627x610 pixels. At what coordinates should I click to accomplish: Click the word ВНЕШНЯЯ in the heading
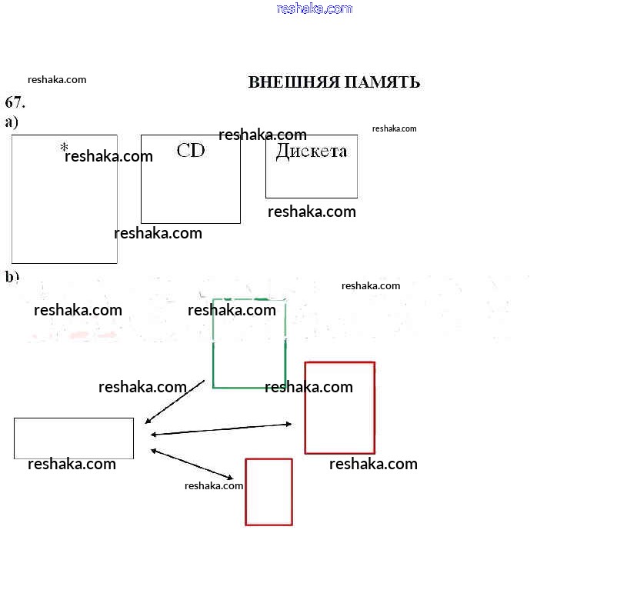293,82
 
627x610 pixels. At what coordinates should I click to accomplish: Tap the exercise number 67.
15,102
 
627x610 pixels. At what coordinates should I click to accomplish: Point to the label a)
12,122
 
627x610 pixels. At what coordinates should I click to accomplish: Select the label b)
12,277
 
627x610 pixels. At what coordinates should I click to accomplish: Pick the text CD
191,150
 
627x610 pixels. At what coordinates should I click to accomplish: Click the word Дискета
312,151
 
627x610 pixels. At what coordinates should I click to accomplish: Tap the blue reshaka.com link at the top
314,8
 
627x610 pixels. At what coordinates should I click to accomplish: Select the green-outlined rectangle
249,354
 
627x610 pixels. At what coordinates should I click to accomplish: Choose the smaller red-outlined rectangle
268,492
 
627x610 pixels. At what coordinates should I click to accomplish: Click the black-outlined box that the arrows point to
74,438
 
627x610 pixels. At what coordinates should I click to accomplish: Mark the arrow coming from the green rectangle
175,401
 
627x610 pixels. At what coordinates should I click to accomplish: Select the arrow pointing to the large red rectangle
222,429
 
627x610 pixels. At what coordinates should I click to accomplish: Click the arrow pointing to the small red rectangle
192,464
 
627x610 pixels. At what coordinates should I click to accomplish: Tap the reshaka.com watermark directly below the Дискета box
312,212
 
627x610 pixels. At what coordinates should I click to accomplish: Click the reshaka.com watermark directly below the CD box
158,233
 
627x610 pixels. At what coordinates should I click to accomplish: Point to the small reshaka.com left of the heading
57,79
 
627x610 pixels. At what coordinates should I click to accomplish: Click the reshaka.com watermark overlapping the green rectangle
232,310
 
